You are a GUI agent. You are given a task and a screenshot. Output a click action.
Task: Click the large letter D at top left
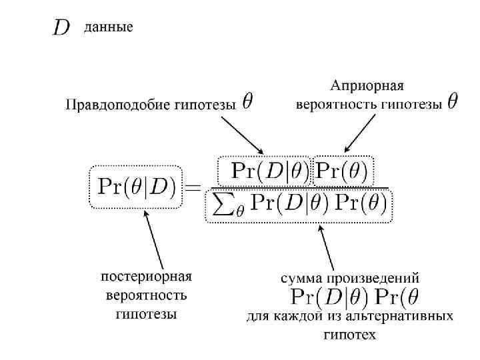[61, 28]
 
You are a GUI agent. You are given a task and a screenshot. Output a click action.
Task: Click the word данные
[108, 27]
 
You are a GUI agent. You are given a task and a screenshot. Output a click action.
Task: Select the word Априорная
[367, 86]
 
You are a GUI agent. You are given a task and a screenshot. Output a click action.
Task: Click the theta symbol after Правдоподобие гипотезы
[247, 102]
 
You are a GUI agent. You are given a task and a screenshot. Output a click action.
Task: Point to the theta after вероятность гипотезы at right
[452, 102]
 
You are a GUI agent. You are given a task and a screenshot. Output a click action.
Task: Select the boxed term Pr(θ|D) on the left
[136, 187]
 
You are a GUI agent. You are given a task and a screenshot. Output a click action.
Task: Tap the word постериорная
[146, 276]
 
